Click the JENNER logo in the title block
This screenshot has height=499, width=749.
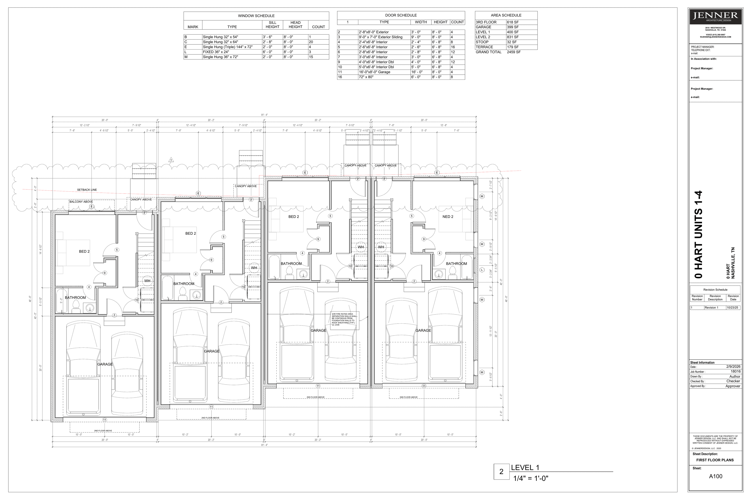click(x=715, y=16)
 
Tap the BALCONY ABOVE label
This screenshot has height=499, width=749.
click(x=81, y=202)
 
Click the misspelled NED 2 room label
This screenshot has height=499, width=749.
click(x=448, y=217)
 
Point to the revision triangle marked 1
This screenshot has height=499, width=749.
click(x=171, y=160)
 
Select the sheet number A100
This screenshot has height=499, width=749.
click(x=716, y=476)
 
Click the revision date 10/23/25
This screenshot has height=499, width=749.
click(x=733, y=308)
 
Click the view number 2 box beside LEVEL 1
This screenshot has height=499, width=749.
click(x=501, y=472)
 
